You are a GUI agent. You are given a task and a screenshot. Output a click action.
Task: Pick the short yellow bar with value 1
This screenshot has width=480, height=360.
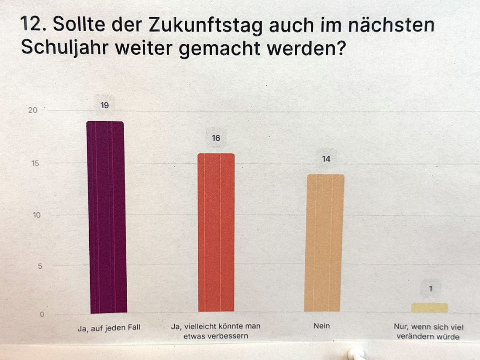[x=429, y=308]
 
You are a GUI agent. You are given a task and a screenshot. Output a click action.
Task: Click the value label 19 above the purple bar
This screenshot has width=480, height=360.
[x=104, y=105]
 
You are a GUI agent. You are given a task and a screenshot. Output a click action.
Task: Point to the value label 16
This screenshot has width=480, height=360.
[x=216, y=138]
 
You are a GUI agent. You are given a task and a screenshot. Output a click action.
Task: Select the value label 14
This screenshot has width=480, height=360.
[x=326, y=159]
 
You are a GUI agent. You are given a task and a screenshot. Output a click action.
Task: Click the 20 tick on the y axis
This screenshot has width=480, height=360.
[x=33, y=110]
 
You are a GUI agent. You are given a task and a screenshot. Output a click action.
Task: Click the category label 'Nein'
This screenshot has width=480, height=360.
[x=322, y=326]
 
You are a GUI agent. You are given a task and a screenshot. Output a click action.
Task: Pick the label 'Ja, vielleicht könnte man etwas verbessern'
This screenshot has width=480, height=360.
[x=216, y=331]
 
